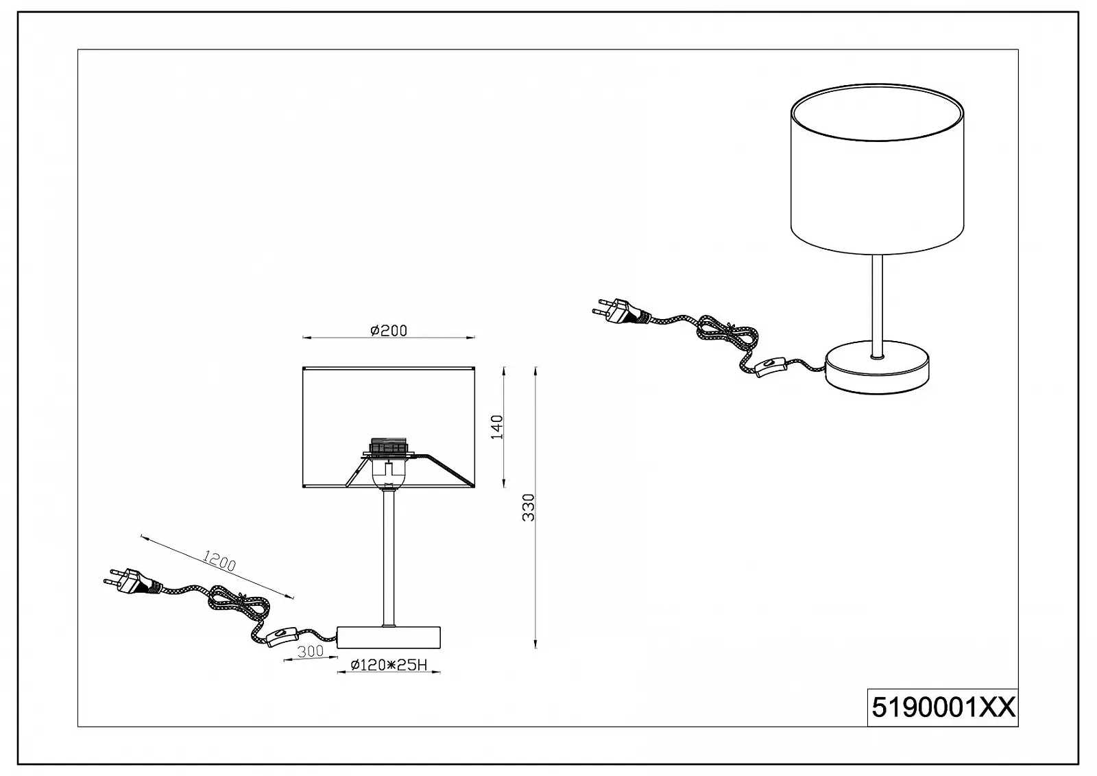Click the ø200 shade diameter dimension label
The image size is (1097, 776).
(389, 331)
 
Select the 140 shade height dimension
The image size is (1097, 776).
(497, 427)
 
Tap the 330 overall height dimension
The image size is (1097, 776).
(529, 507)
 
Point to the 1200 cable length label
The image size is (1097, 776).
(219, 561)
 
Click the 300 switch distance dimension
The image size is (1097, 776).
(311, 651)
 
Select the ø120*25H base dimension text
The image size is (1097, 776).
(389, 666)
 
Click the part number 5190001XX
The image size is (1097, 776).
(943, 708)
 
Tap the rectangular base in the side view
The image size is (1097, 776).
(389, 637)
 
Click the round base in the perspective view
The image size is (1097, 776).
(877, 368)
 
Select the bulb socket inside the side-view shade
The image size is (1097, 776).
(388, 462)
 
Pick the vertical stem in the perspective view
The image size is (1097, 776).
(877, 306)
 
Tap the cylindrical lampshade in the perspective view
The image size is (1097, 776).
(877, 169)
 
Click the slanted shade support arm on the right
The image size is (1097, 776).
(450, 471)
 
